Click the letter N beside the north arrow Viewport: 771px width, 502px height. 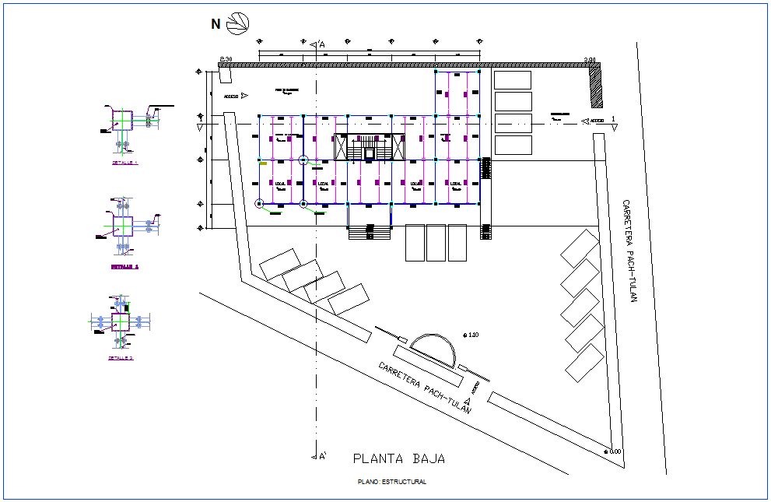pos(216,24)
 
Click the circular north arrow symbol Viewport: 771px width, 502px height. pos(238,23)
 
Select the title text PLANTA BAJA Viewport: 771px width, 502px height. pos(399,458)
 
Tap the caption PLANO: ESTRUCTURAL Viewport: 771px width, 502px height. pos(391,482)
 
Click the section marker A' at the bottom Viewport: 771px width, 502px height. pos(319,456)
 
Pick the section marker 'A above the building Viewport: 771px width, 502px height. pos(319,45)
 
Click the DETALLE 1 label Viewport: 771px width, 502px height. pos(124,163)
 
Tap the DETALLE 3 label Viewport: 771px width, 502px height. pos(121,358)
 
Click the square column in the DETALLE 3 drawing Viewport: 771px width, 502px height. pos(121,321)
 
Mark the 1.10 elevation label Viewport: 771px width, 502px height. pos(471,335)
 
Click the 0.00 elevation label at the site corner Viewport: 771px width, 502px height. pos(614,451)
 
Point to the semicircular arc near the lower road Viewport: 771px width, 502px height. pos(434,347)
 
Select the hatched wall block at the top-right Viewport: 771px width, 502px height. pos(596,86)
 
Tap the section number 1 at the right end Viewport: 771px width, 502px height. pos(613,118)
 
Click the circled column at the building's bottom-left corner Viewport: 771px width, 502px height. pos(259,204)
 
